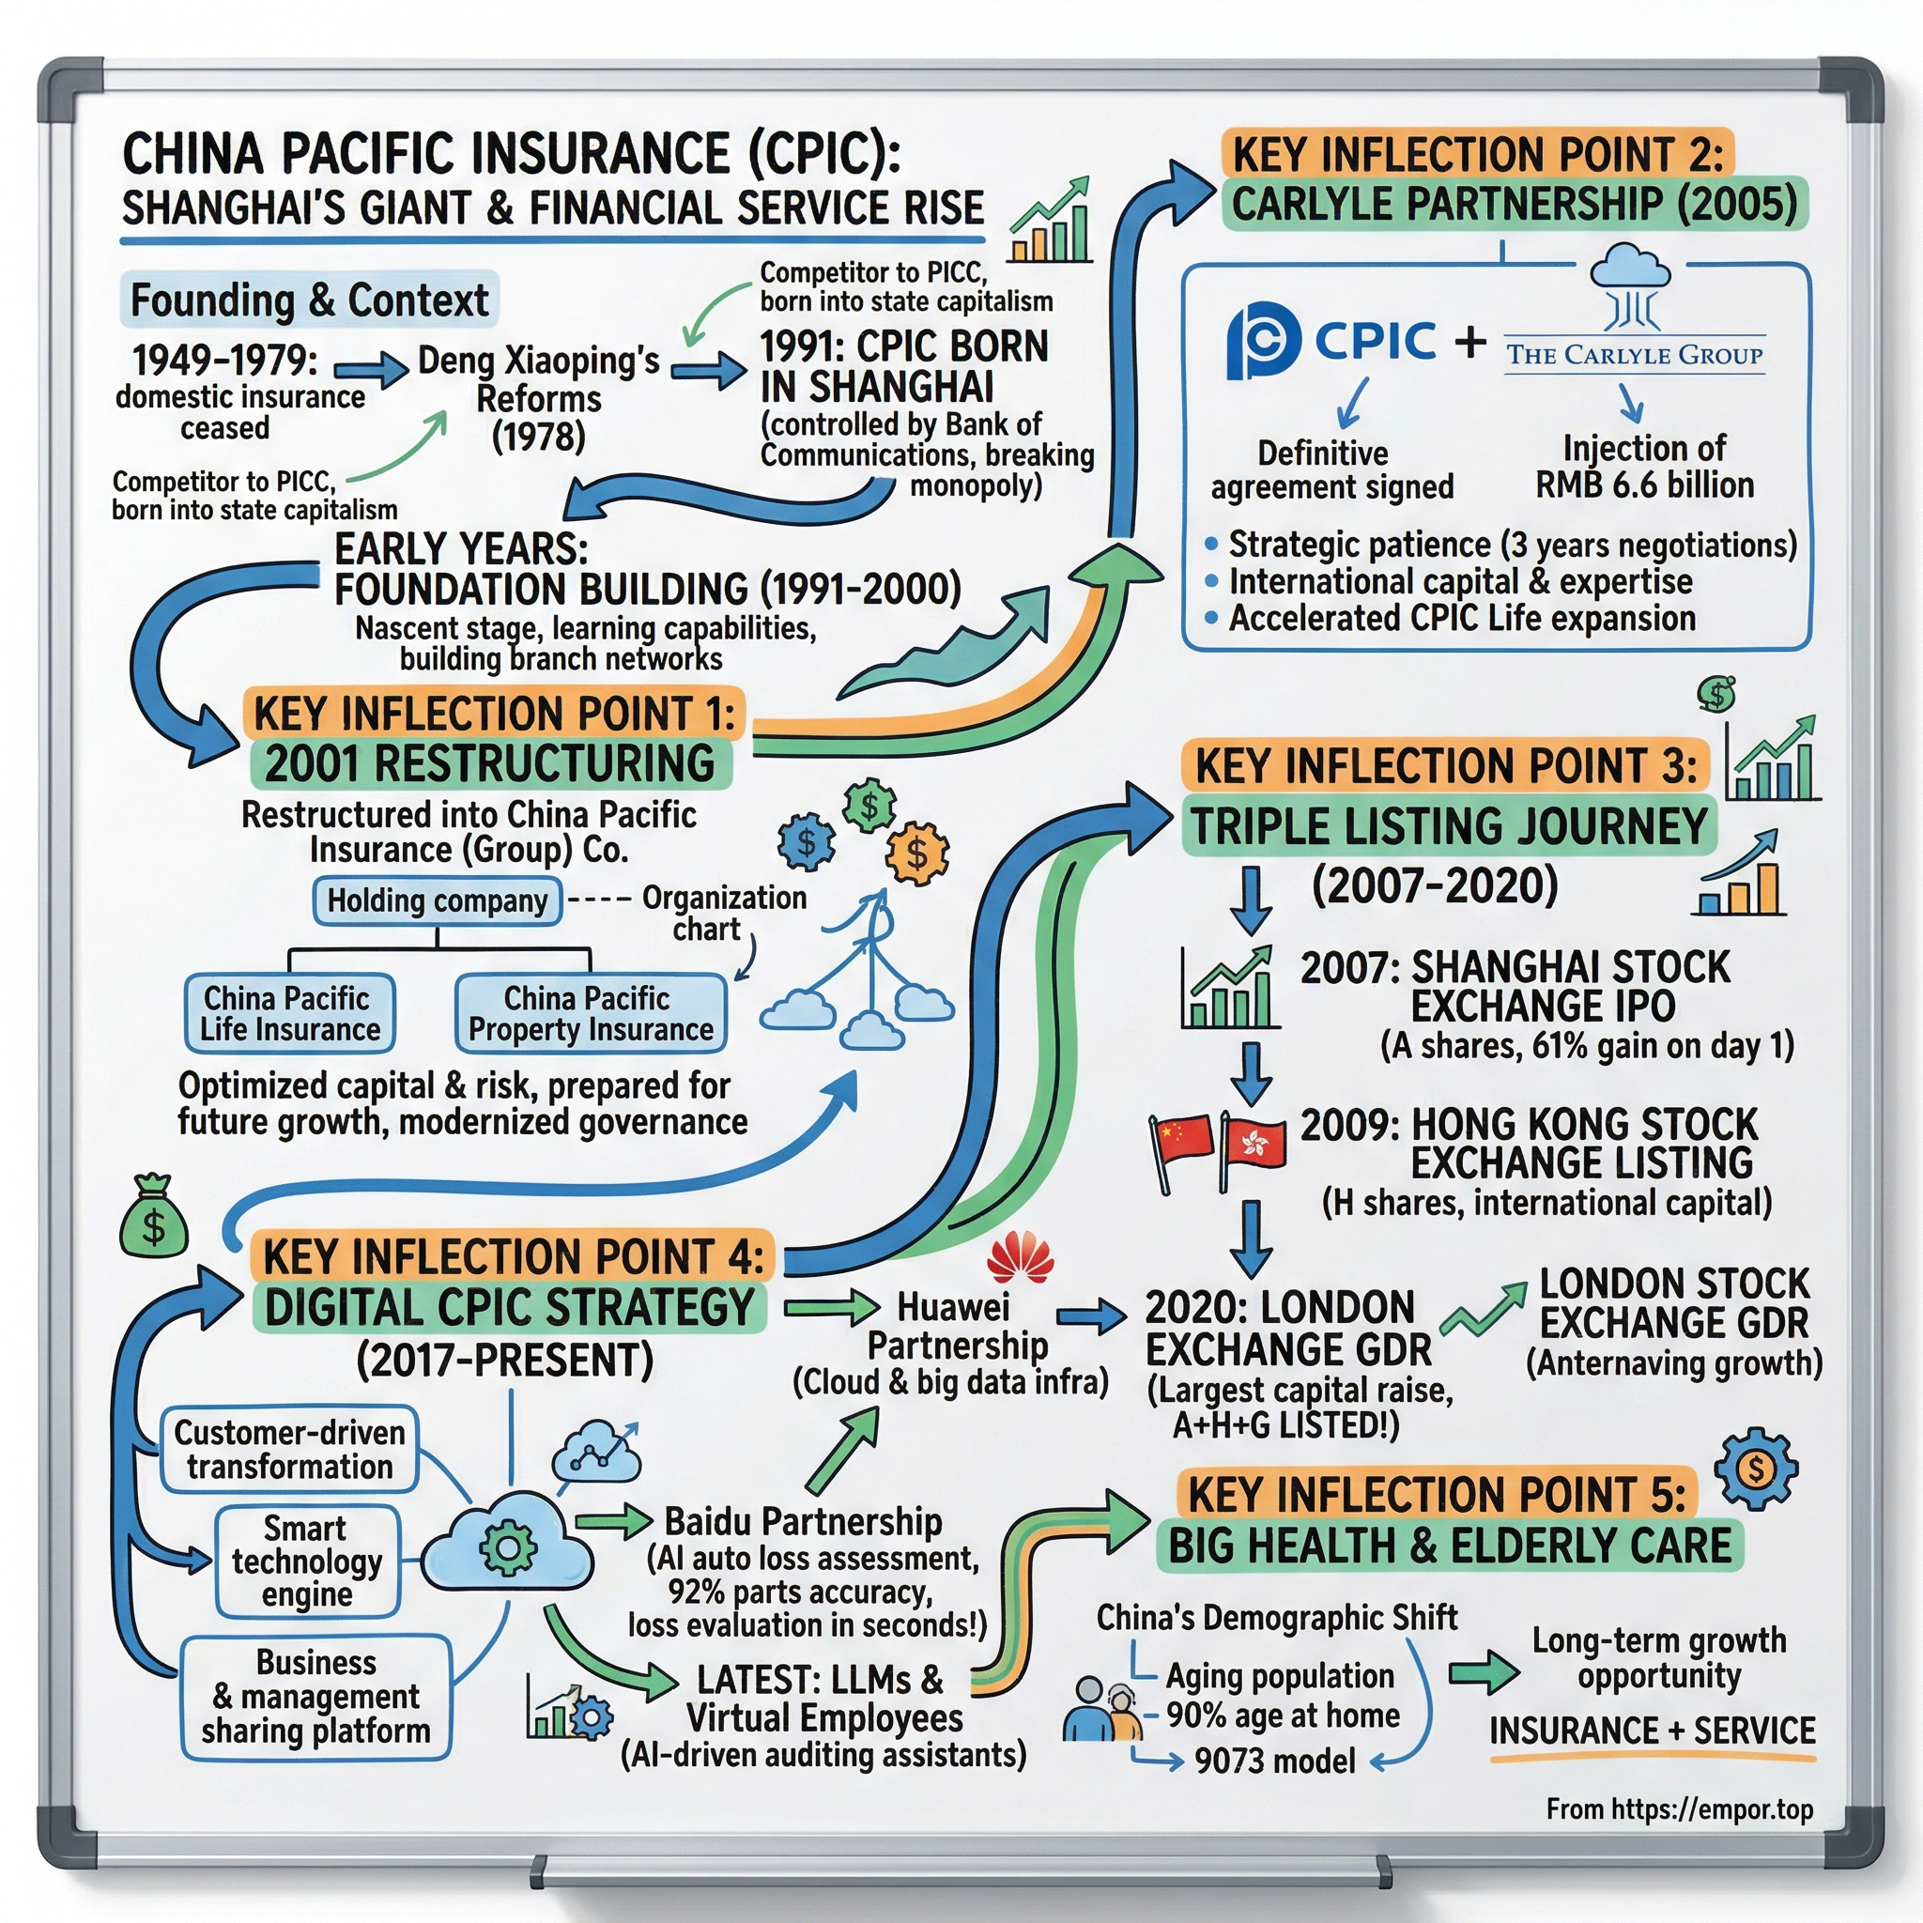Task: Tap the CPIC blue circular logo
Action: pos(1263,342)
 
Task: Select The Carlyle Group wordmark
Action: pos(1634,354)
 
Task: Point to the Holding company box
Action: pos(437,900)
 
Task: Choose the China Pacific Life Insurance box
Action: pos(289,1013)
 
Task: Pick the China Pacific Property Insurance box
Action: pos(591,1013)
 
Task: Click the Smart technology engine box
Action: pos(306,1561)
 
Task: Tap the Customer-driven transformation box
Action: pos(288,1449)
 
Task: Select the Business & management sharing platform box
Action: pos(315,1696)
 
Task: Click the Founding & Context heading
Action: pos(310,300)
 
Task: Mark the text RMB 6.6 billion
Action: pos(1644,485)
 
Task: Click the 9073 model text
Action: pos(1275,1761)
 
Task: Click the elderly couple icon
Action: pos(1101,1710)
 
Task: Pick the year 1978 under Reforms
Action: pos(538,436)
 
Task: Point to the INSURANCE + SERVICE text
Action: pos(1653,1731)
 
